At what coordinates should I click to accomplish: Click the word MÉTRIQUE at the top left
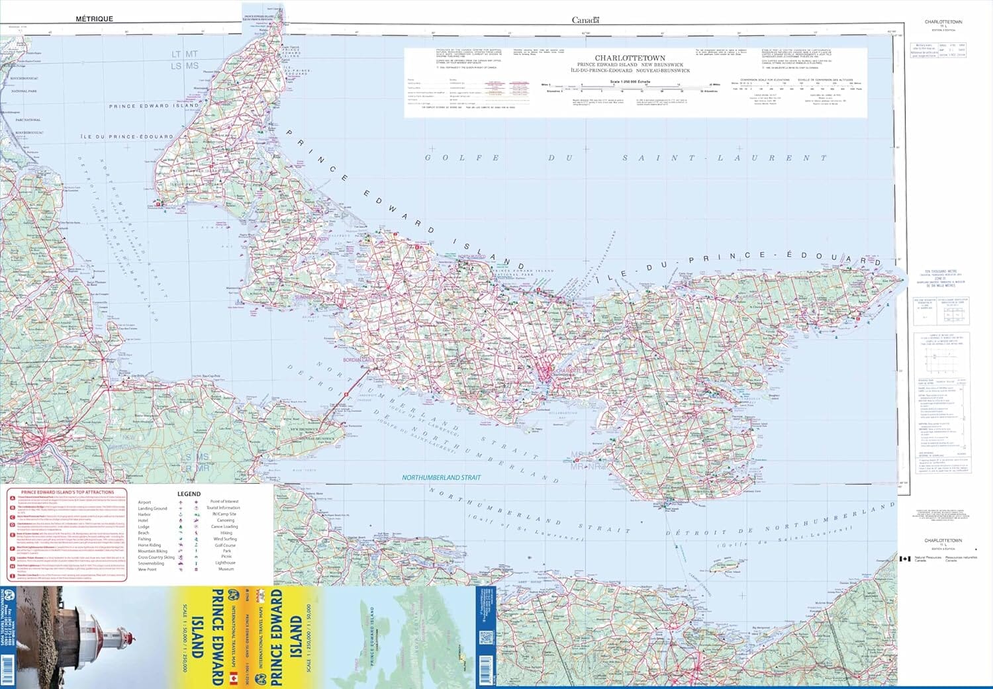tap(94, 19)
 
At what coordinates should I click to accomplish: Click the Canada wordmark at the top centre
tap(585, 20)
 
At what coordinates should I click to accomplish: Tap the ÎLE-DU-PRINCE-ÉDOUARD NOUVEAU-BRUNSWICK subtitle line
tap(633, 70)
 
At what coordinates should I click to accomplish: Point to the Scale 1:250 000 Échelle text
tap(630, 82)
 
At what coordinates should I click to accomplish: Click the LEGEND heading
tap(189, 494)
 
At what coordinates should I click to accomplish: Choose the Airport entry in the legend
tap(144, 502)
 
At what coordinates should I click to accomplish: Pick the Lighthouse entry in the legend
tap(225, 563)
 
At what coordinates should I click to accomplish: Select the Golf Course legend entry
tap(225, 545)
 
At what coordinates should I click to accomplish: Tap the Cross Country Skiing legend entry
tap(156, 557)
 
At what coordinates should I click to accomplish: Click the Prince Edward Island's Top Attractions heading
tap(68, 492)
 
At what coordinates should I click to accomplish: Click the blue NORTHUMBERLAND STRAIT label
tap(442, 477)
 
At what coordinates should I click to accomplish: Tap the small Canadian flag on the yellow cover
tap(233, 678)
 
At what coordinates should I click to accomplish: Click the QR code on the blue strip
tap(485, 639)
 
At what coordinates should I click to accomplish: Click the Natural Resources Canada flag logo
tap(905, 559)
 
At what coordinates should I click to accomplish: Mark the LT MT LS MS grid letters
tap(185, 60)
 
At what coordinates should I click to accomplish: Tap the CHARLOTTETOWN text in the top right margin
tap(943, 22)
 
